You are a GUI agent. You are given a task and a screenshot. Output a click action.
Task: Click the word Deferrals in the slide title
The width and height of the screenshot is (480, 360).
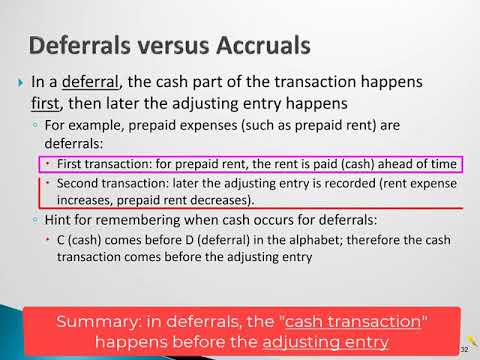82,45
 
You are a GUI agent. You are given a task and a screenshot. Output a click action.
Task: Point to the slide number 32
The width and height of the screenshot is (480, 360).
464,349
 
